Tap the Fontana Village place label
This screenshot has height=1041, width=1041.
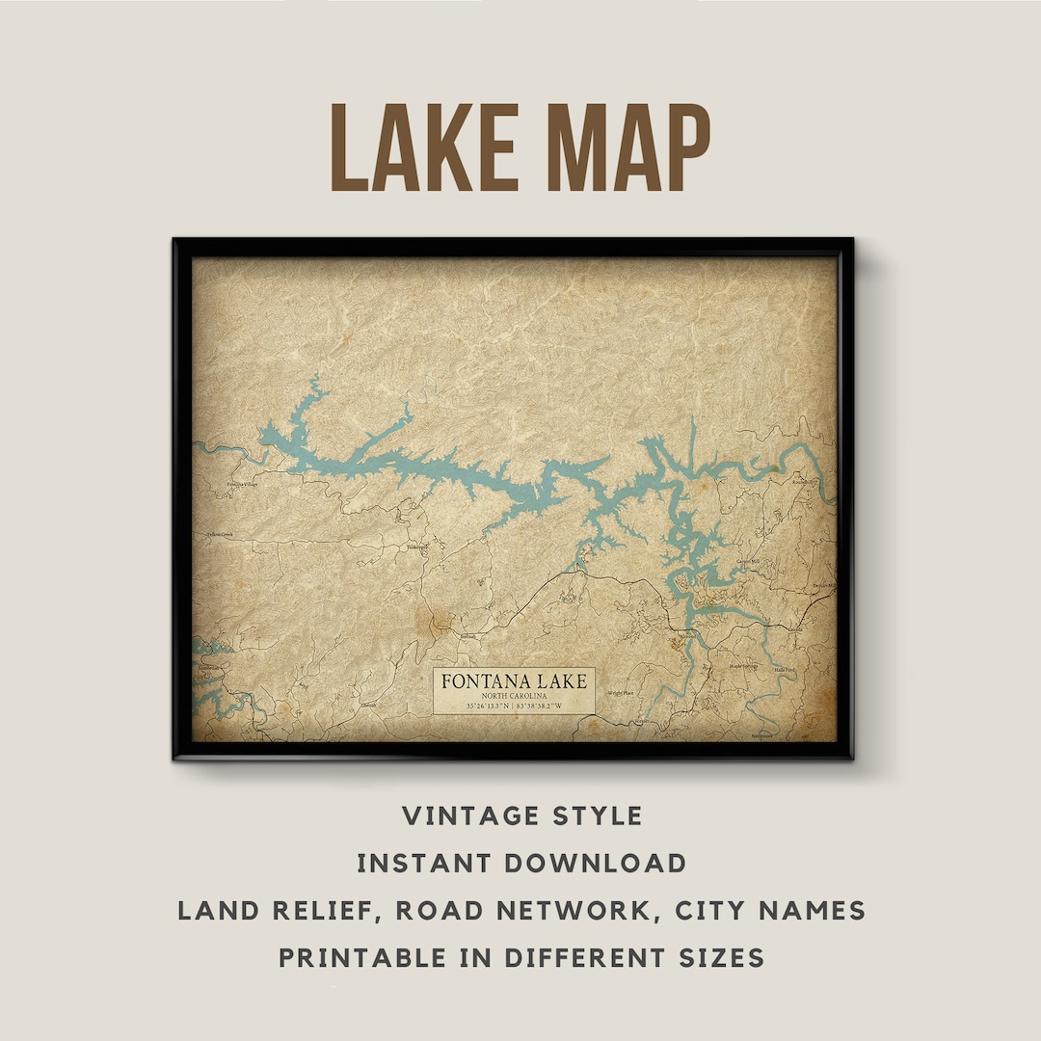tap(241, 484)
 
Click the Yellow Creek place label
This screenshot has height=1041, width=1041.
tap(219, 534)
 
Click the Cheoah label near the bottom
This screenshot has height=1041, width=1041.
tap(368, 706)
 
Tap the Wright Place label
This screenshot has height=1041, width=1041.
tap(620, 693)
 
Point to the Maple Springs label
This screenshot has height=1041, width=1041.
tap(743, 666)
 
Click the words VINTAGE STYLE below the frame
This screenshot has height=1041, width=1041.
tap(521, 816)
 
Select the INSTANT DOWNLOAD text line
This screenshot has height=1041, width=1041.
tap(521, 863)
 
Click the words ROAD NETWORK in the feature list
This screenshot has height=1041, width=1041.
tap(537, 910)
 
